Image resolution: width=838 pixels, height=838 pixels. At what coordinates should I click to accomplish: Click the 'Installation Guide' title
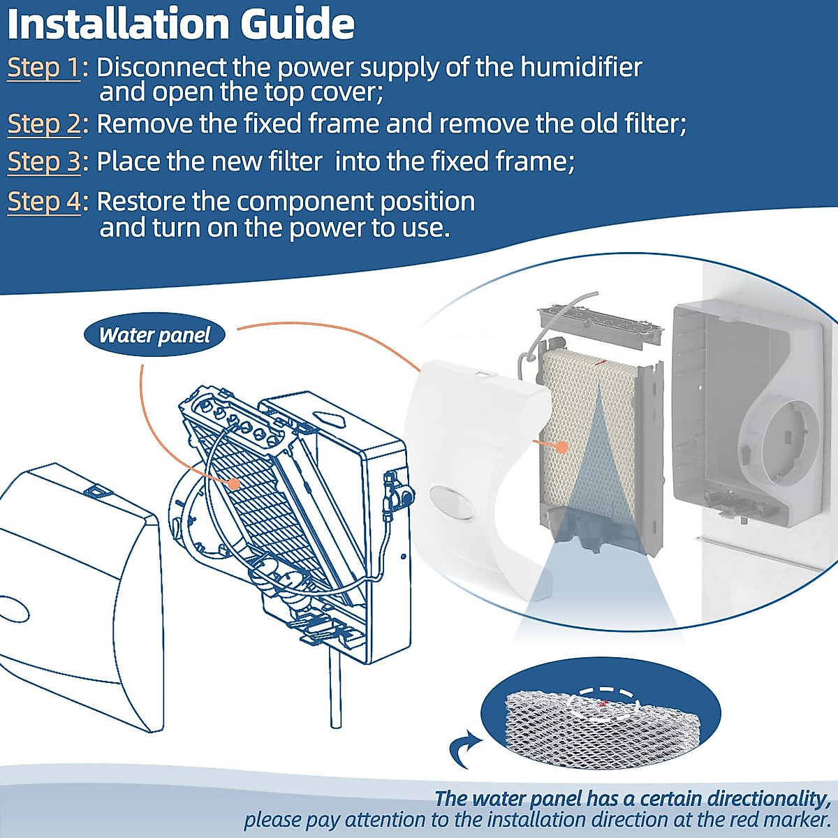[180, 24]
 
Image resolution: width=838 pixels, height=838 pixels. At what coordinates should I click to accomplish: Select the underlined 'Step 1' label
[44, 68]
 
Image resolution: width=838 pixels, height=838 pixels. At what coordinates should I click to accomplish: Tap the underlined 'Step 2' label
[44, 124]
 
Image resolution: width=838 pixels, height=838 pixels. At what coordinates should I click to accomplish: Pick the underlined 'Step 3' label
[44, 161]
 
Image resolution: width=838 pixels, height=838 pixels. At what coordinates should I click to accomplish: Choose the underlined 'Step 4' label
[44, 202]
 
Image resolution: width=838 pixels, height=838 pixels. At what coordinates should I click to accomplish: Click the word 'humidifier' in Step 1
[581, 68]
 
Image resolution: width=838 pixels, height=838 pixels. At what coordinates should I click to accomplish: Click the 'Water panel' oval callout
[154, 335]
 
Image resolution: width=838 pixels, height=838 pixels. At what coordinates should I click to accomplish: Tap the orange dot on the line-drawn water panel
[235, 483]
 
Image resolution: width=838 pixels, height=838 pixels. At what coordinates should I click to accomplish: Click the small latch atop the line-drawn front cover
[98, 491]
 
